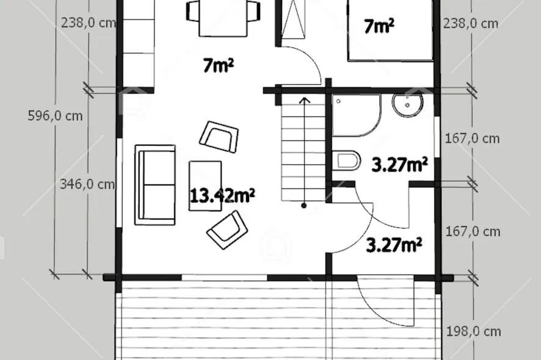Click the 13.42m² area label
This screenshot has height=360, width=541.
pos(222,195)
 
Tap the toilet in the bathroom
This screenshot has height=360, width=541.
pos(347,160)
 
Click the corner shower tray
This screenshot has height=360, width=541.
pos(357,115)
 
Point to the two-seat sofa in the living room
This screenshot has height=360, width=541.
pos(155,185)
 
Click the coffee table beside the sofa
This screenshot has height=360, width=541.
pos(205,186)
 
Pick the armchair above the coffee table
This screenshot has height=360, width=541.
pos(219,137)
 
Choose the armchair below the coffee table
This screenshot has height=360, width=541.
pos(227,229)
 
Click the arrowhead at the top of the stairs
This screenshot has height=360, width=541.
pos(304,100)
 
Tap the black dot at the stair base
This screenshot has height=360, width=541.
pos(304,206)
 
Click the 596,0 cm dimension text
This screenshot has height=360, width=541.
pos(55,116)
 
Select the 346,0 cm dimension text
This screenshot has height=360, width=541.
pos(87,184)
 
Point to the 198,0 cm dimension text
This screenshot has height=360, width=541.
pos(473,331)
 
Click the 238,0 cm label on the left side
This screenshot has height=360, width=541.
pos(89,23)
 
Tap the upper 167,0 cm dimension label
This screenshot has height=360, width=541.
pos(473,139)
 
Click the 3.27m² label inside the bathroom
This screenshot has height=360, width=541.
pos(399,165)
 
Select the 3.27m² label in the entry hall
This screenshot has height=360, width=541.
pos(394,245)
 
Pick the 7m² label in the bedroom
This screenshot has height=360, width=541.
pos(379,26)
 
